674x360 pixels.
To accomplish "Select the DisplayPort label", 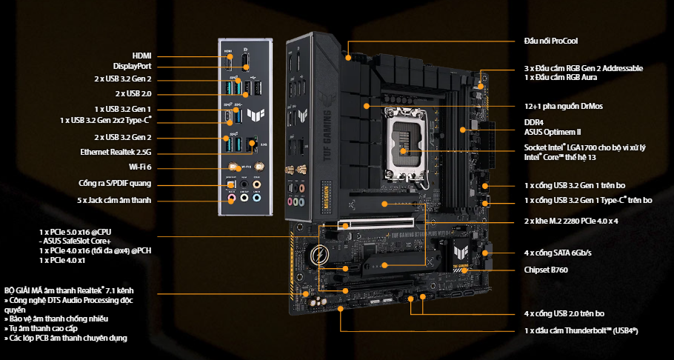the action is (x=132, y=66).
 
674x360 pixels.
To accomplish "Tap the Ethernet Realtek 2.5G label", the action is (x=116, y=153).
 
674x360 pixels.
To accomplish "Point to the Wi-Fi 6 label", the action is (x=140, y=167).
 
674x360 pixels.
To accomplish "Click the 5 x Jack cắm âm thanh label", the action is (x=116, y=201).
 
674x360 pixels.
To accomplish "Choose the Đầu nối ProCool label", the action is (x=550, y=41).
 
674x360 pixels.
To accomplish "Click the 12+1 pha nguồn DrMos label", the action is (x=563, y=106).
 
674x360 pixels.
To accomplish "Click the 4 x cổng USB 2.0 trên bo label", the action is (x=564, y=313).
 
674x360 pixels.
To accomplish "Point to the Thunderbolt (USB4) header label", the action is (x=581, y=331).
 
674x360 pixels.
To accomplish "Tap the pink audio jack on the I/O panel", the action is (x=231, y=198).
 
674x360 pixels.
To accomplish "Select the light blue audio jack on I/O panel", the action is (x=256, y=198).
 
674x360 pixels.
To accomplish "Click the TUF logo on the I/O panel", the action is (x=256, y=114).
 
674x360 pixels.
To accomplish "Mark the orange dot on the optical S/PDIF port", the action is (x=231, y=185).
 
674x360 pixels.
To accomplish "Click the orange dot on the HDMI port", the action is (x=230, y=56).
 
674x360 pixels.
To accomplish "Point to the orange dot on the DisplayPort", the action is (x=246, y=67).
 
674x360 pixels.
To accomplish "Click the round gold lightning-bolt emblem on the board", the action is (x=320, y=255).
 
